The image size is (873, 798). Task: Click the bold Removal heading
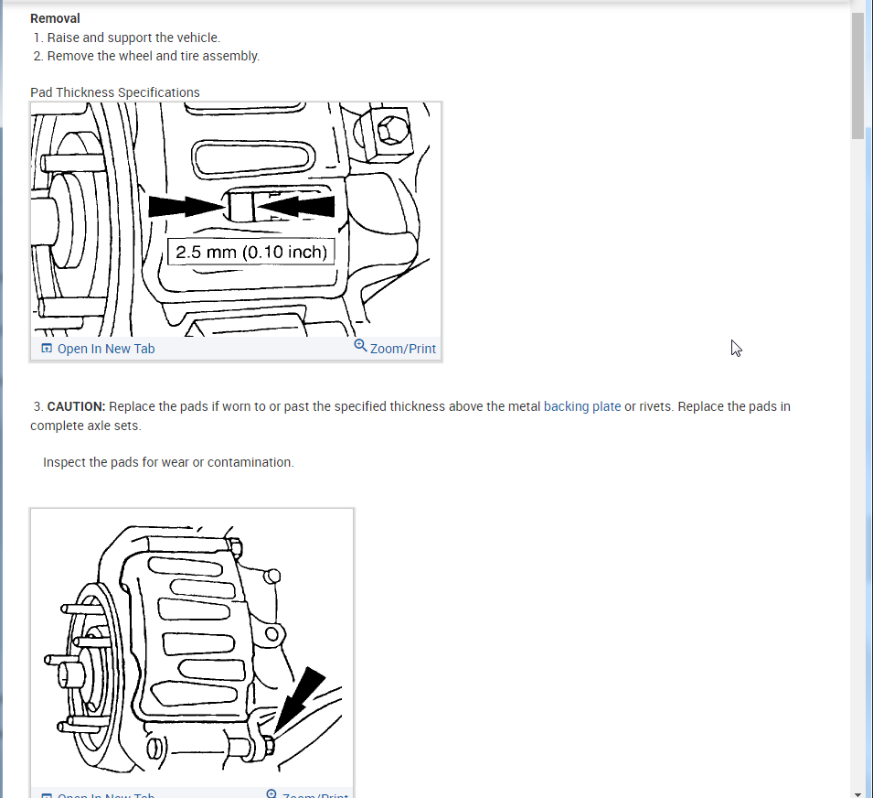(55, 18)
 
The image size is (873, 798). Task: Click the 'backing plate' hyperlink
(582, 406)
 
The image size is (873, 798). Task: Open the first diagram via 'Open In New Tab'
(106, 349)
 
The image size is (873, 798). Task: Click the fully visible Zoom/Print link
(402, 349)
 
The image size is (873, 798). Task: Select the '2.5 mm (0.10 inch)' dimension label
(251, 252)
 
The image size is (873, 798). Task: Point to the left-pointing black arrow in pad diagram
(297, 207)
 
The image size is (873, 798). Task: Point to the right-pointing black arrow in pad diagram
(186, 207)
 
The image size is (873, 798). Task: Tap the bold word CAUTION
(77, 406)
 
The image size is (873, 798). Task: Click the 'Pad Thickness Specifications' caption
(115, 92)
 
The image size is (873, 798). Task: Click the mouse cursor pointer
(736, 348)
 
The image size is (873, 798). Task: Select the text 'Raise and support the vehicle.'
(133, 38)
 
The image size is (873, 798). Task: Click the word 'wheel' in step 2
(134, 56)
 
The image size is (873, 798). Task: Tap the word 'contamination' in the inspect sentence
(250, 462)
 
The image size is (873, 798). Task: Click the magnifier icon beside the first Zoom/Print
(360, 346)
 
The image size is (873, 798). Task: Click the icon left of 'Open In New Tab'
(47, 349)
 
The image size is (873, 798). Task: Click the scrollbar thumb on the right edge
(857, 73)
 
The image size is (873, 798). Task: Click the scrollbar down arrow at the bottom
(857, 793)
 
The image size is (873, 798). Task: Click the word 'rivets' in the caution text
(657, 406)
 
